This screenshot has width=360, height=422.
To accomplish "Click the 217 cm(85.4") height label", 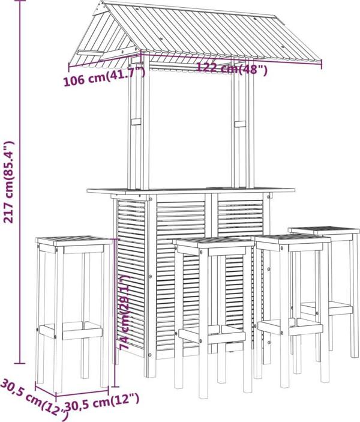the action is pyautogui.click(x=8, y=182).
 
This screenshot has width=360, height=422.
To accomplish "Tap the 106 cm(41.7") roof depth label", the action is pyautogui.click(x=104, y=78).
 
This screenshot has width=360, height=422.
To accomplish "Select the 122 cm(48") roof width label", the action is pyautogui.click(x=232, y=68).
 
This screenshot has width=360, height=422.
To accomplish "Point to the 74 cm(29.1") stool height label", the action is pyautogui.click(x=125, y=312).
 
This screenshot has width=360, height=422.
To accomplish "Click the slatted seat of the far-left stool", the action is pyautogui.click(x=74, y=241).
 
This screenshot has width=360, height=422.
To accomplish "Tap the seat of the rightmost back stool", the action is pyautogui.click(x=324, y=230).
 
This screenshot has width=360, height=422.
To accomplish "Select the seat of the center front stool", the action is pyautogui.click(x=214, y=243).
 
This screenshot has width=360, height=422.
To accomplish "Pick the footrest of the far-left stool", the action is pyautogui.click(x=71, y=330).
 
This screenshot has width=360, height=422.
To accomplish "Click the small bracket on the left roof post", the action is pyautogui.click(x=136, y=122).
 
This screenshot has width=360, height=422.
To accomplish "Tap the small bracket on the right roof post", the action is pyautogui.click(x=240, y=124).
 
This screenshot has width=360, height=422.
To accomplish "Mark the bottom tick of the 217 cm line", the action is pyautogui.click(x=19, y=363).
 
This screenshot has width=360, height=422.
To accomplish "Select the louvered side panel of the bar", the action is pyautogui.click(x=131, y=273).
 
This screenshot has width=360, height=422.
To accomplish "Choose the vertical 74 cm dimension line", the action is pyautogui.click(x=115, y=313).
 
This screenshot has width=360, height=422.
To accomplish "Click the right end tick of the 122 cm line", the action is pyautogui.click(x=322, y=64).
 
